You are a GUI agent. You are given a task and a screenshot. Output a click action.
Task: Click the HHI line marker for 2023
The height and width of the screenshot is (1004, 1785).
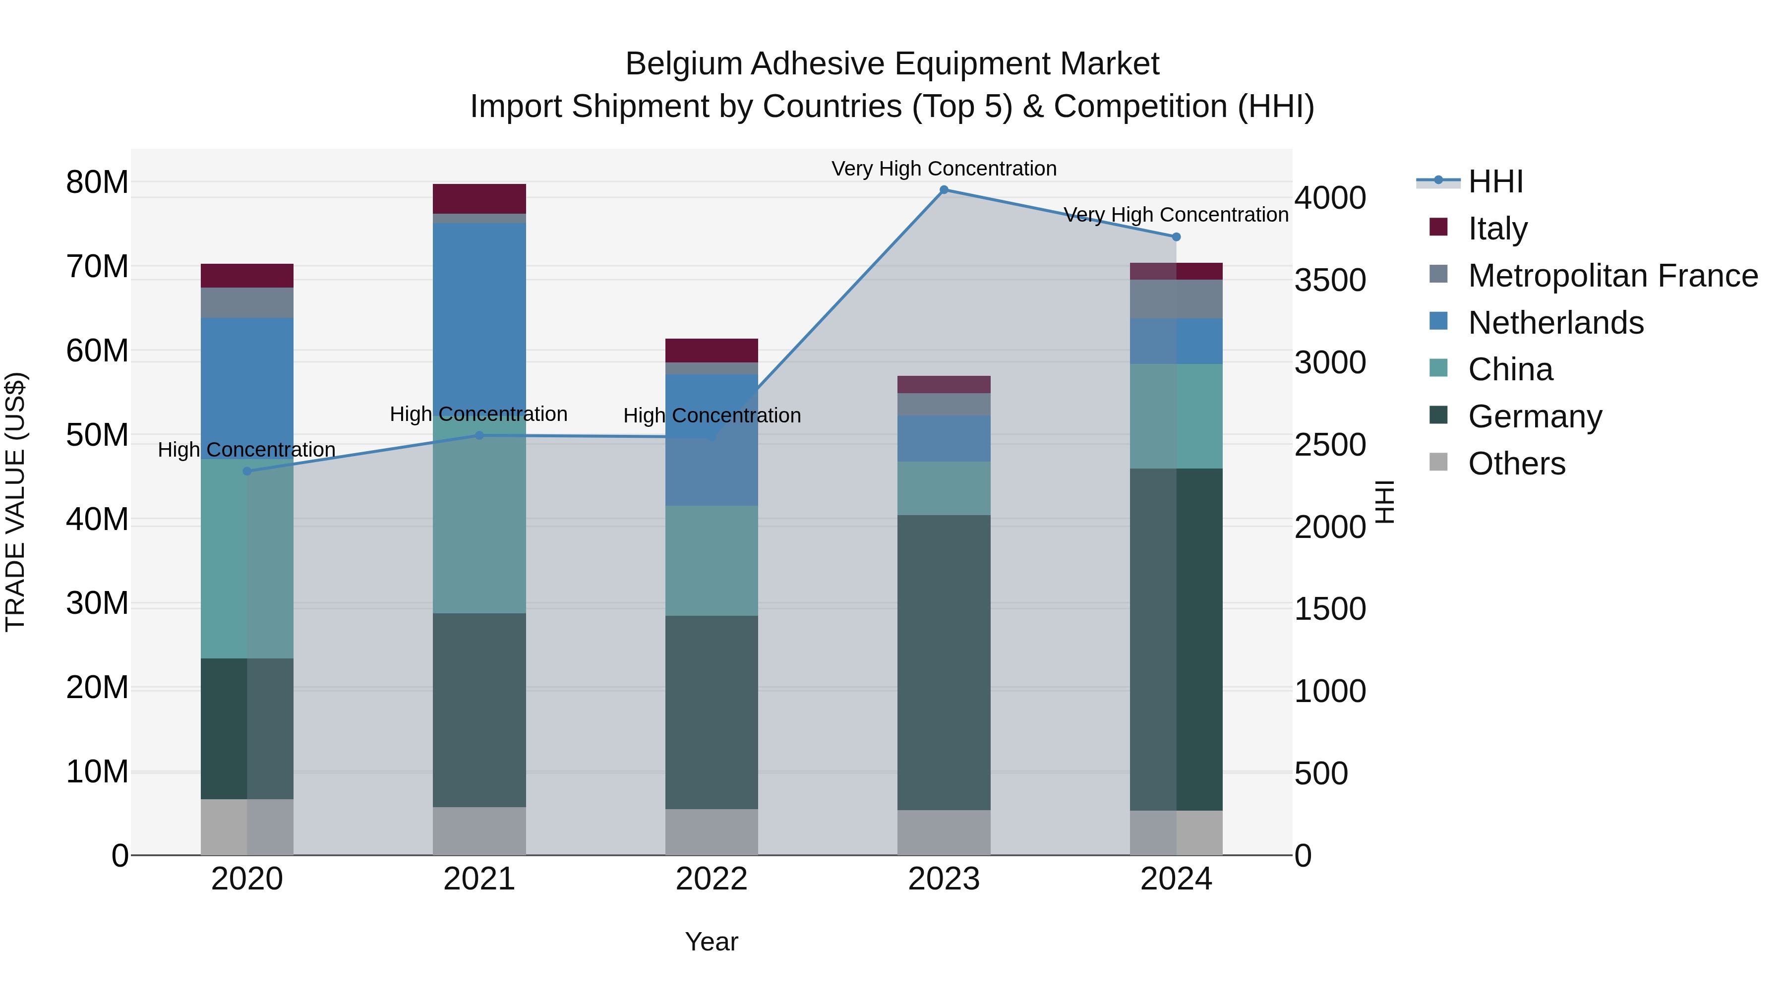[944, 190]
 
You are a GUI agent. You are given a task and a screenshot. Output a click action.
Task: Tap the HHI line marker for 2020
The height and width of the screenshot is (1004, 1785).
[247, 471]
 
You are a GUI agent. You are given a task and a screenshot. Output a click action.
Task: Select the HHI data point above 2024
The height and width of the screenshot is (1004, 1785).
[1176, 237]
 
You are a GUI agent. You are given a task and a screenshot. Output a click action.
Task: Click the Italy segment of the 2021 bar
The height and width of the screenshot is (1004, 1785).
[479, 199]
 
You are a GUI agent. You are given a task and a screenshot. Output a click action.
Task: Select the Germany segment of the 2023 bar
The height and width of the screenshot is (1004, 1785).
[944, 662]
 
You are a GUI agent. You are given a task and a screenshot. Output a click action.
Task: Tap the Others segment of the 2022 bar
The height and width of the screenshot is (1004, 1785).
[712, 831]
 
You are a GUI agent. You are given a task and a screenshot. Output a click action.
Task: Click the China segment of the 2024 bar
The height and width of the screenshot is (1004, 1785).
[1176, 416]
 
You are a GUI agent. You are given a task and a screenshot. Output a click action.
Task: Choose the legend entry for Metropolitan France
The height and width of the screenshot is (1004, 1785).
[1612, 276]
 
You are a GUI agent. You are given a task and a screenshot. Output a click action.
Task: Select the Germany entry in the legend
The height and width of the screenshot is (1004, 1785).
[1534, 416]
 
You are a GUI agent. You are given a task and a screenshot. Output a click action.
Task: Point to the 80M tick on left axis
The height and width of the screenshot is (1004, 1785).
[97, 182]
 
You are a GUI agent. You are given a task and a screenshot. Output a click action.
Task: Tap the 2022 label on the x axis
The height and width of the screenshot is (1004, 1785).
[712, 879]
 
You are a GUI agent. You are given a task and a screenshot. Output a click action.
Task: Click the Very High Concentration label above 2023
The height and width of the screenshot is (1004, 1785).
[944, 169]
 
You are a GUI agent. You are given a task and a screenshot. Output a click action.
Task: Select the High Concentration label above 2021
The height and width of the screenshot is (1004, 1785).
[479, 413]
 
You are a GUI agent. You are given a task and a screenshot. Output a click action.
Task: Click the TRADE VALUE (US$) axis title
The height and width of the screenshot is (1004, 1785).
[15, 502]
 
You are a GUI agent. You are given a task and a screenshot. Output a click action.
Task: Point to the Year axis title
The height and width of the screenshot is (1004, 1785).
[712, 942]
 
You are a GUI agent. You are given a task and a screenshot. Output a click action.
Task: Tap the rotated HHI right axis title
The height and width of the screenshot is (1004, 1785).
[1384, 502]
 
